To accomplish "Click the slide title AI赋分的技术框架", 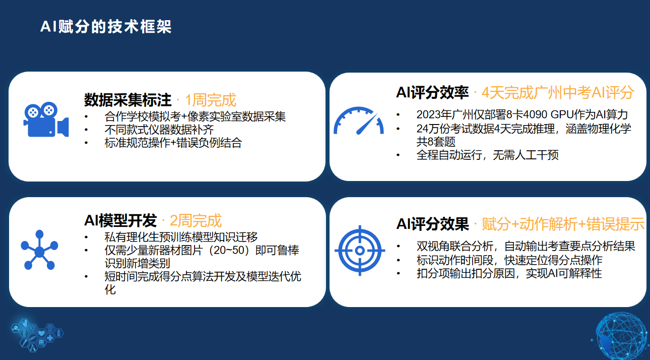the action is point(106,27).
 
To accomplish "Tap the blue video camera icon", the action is point(46,119).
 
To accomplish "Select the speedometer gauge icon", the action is point(359,121).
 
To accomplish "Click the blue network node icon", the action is point(39,250).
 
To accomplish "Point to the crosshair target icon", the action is point(360,250).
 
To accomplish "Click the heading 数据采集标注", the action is point(127,100).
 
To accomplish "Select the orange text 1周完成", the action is point(211,100).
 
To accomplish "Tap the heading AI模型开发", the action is point(120,221).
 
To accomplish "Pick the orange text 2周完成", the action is point(196,221).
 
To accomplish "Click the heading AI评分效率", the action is point(432,93).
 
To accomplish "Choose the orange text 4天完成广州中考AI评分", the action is point(558,93).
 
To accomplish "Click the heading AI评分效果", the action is point(432,224).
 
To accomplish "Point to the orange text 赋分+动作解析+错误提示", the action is point(563,224).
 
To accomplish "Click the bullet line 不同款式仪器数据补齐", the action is point(159,130).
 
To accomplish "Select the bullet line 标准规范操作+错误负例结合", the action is point(173,143).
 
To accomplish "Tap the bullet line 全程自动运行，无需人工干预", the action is point(488,155).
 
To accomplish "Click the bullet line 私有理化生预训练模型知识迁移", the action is point(181,237).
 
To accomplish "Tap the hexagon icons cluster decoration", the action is point(37,335).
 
